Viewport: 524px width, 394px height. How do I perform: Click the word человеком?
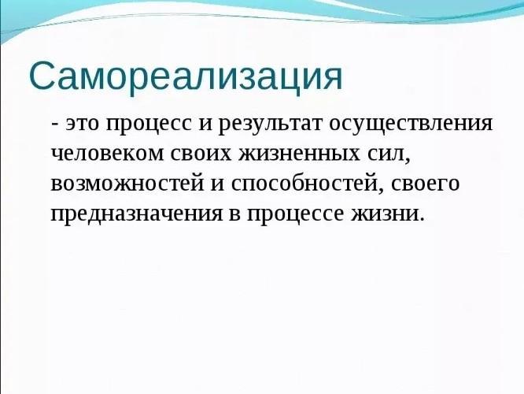tap(107, 154)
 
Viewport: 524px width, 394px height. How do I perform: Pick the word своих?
tap(201, 154)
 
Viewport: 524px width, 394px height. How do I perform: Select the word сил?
tap(389, 155)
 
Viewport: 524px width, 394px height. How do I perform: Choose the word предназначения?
tap(137, 214)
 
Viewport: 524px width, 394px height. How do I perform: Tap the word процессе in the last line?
tap(295, 215)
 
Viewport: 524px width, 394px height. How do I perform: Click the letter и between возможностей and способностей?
tap(218, 184)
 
